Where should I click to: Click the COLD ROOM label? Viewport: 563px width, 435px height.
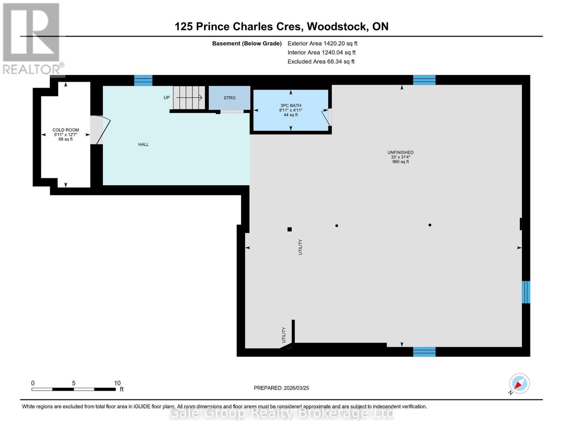pyautogui.click(x=66, y=130)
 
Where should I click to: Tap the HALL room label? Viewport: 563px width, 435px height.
pyautogui.click(x=144, y=145)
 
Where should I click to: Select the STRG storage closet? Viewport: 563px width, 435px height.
pyautogui.click(x=229, y=98)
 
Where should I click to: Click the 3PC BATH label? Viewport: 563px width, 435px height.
pyautogui.click(x=290, y=106)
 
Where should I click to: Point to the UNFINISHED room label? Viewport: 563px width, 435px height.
pyautogui.click(x=400, y=153)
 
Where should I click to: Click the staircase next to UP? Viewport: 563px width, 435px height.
pyautogui.click(x=189, y=98)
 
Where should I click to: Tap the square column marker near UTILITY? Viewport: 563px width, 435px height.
pyautogui.click(x=290, y=229)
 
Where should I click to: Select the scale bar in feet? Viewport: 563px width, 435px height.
pyautogui.click(x=74, y=389)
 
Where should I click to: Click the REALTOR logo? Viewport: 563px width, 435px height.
pyautogui.click(x=32, y=38)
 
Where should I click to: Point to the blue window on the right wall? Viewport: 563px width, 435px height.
pyautogui.click(x=526, y=292)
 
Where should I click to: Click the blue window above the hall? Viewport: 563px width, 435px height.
pyautogui.click(x=143, y=80)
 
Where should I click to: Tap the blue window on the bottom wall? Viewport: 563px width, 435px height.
pyautogui.click(x=424, y=352)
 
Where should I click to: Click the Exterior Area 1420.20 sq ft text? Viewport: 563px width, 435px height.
pyautogui.click(x=322, y=43)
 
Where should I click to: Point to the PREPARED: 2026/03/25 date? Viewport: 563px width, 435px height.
pyautogui.click(x=281, y=388)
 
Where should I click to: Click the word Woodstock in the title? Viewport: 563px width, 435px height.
pyautogui.click(x=337, y=26)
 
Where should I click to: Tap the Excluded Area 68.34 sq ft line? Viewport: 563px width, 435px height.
pyautogui.click(x=321, y=62)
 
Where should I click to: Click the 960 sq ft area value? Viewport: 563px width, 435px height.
pyautogui.click(x=400, y=162)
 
